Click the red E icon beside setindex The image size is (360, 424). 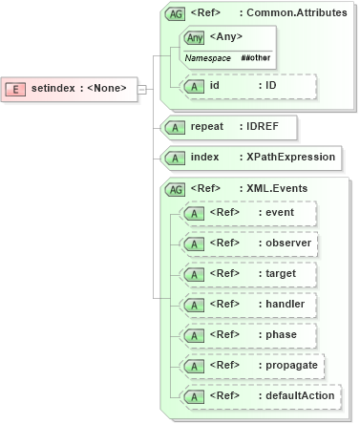pyautogui.click(x=16, y=89)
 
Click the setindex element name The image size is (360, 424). pyautogui.click(x=51, y=89)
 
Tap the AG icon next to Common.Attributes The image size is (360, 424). pyautogui.click(x=176, y=14)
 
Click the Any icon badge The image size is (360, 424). pyautogui.click(x=196, y=37)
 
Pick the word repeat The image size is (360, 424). pyautogui.click(x=207, y=125)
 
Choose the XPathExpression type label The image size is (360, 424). pyautogui.click(x=291, y=157)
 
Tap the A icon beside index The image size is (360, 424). pyautogui.click(x=175, y=157)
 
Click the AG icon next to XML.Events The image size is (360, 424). pyautogui.click(x=176, y=189)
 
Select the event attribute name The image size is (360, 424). pyautogui.click(x=280, y=212)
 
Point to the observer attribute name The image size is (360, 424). pyautogui.click(x=287, y=244)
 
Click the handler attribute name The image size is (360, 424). pyautogui.click(x=286, y=305)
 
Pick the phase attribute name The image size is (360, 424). pyautogui.click(x=282, y=335)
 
